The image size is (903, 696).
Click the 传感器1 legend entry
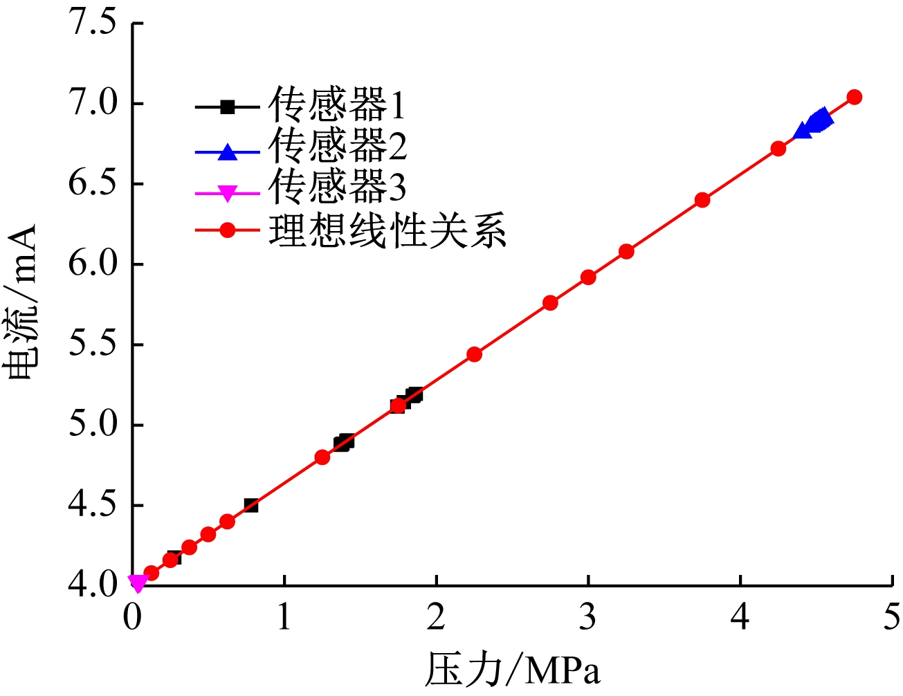click(336, 106)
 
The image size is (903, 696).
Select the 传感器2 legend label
click(338, 146)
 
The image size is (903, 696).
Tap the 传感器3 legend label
click(338, 187)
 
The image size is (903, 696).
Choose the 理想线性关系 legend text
click(387, 230)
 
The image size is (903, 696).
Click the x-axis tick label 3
click(588, 616)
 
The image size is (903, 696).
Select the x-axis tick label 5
click(891, 616)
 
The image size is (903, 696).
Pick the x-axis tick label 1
click(284, 616)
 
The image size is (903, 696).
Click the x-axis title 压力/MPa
click(512, 670)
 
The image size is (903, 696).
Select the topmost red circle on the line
click(855, 97)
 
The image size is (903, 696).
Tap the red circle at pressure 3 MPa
click(588, 277)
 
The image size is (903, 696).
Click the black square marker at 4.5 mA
click(251, 506)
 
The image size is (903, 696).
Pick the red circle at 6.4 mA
click(702, 200)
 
